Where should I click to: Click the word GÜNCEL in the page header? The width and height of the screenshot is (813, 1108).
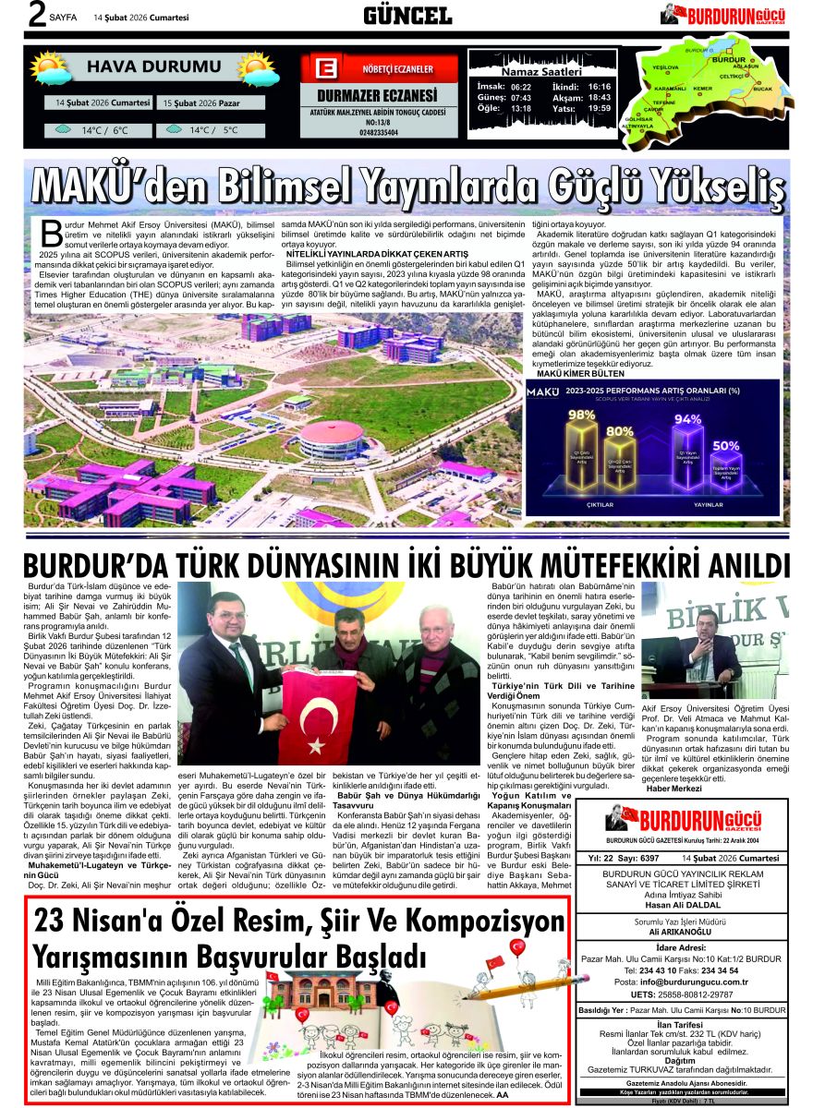(x=406, y=16)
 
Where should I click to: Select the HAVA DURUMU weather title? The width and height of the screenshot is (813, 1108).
(x=153, y=67)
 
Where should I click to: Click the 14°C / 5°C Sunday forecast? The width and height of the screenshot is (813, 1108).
(x=211, y=130)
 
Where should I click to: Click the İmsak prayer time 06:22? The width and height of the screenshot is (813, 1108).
(x=521, y=86)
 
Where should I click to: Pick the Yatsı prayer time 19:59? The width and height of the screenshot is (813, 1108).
(x=600, y=108)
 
